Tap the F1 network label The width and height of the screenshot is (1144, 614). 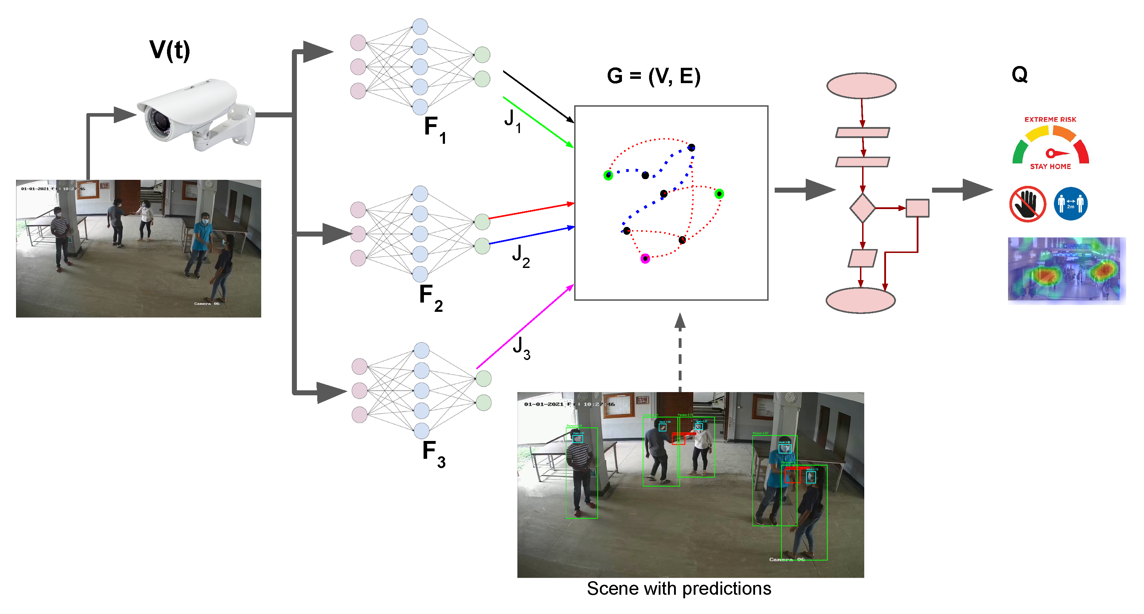tap(434, 129)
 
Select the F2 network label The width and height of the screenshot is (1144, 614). tap(430, 297)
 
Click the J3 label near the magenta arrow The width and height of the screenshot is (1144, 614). tap(521, 348)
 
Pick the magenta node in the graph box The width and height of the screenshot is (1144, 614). tap(645, 258)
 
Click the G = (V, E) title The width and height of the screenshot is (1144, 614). tap(653, 76)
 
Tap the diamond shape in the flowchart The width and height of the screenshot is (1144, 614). tap(862, 208)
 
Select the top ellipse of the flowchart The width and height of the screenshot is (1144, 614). tap(861, 86)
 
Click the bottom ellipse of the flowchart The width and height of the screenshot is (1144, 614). tap(860, 300)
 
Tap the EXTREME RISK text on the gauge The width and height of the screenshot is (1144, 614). tap(1050, 120)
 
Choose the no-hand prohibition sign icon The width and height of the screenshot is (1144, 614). tap(1027, 204)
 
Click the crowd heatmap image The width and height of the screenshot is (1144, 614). tap(1066, 270)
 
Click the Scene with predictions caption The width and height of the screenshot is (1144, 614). tap(679, 589)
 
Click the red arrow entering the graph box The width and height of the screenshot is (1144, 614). tap(531, 211)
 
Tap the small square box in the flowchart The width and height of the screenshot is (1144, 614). tap(917, 208)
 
